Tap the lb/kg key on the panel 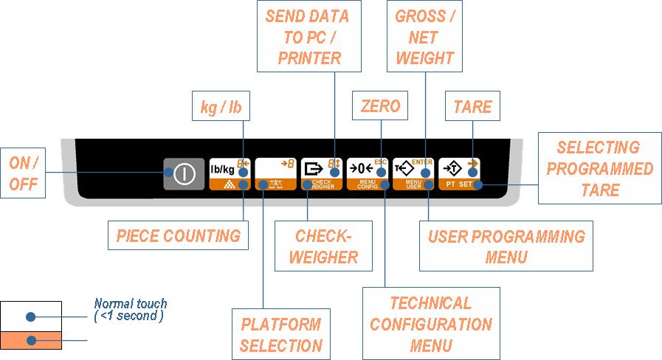(223, 169)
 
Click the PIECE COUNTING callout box (178, 236)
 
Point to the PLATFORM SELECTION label (281, 334)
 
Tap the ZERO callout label (380, 106)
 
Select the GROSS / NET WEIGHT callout (425, 37)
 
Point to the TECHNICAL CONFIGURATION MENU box (431, 324)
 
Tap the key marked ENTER (413, 169)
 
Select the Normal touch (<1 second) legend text (131, 310)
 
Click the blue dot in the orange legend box (30, 341)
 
